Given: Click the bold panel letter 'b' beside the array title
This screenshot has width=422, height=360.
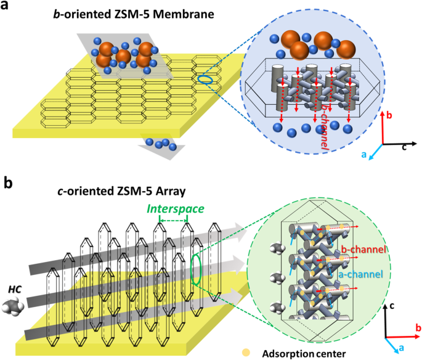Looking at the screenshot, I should [9, 182].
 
